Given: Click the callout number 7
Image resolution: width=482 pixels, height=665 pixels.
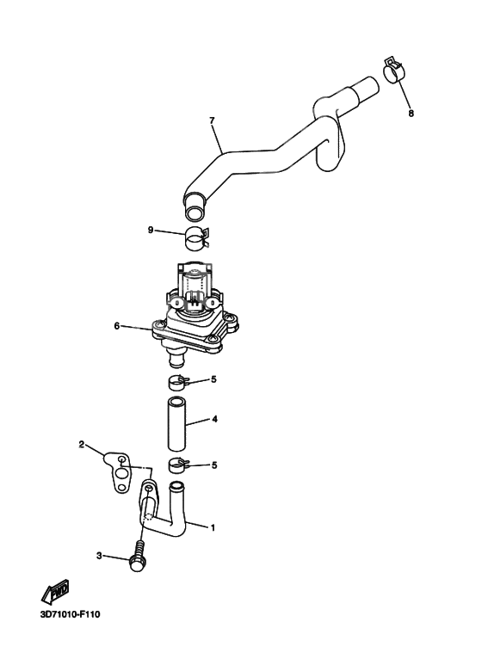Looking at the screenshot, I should (x=211, y=120).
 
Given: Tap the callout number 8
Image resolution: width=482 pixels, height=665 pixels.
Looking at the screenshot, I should (x=411, y=113).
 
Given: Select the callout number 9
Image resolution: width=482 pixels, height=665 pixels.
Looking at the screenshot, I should (x=151, y=230).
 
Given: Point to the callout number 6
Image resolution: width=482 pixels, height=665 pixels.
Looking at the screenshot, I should (x=116, y=326).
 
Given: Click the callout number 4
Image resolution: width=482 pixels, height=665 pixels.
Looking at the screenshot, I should (x=214, y=420).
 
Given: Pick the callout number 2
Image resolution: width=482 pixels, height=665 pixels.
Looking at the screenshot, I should (x=82, y=445).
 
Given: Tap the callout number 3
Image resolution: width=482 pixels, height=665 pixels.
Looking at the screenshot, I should (x=99, y=557).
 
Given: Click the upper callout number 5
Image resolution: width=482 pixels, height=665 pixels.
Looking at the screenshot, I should (x=214, y=379).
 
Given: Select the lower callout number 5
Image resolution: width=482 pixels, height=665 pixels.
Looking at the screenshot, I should (x=214, y=465).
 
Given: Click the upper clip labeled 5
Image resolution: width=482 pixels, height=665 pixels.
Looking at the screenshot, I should (x=177, y=380).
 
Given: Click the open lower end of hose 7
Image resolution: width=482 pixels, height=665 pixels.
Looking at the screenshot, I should (x=195, y=206).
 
